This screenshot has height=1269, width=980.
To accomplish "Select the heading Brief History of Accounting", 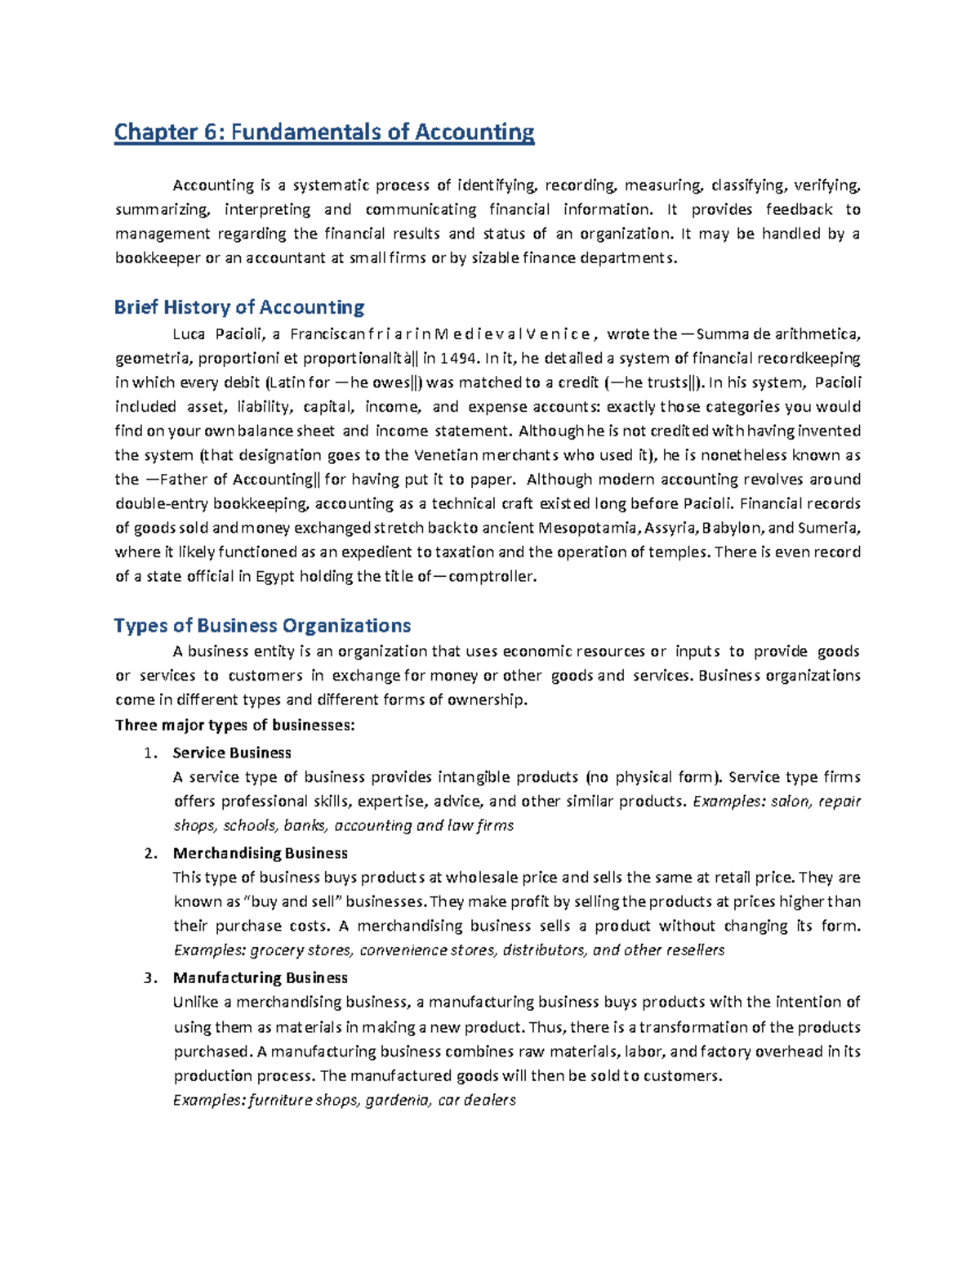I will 239,307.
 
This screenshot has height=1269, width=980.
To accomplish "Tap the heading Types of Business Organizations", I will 262,626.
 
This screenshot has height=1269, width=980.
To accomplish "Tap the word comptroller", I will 494,576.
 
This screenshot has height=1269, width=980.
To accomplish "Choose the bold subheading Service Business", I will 232,753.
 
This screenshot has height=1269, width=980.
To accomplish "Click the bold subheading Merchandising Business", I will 261,853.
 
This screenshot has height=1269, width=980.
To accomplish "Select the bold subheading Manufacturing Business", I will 261,978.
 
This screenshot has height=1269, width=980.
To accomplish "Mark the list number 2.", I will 149,853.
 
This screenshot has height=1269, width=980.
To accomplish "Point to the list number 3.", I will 149,978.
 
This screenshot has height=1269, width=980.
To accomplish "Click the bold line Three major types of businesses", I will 235,726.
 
